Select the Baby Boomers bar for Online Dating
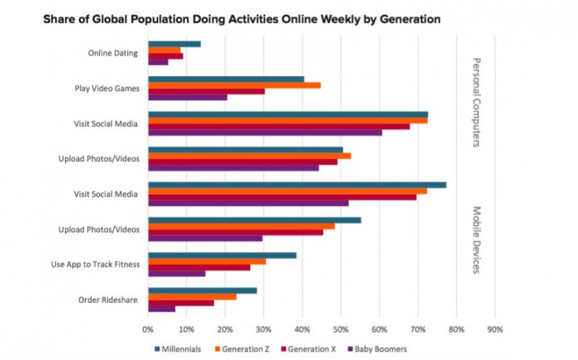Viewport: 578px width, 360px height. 158,62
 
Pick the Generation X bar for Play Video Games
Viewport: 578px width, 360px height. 206,91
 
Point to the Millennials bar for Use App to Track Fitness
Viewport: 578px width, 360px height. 222,255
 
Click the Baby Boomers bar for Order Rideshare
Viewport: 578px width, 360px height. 161,309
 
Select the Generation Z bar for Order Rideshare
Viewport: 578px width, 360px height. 192,296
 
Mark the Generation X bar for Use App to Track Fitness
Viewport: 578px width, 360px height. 199,267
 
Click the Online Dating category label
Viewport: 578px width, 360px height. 113,53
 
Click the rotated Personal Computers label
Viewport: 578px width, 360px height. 476,102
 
